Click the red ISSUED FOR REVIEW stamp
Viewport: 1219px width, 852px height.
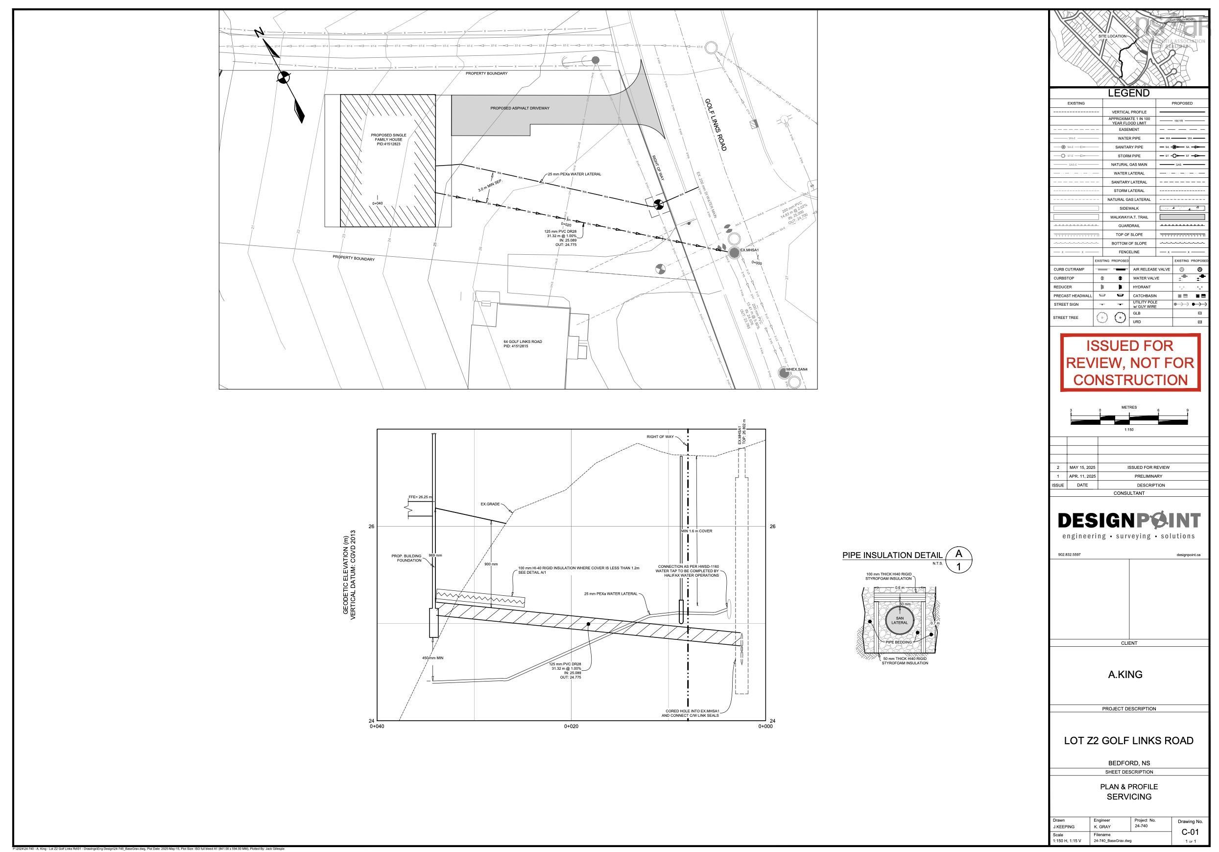(1130, 363)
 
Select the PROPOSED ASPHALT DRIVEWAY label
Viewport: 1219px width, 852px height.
(519, 108)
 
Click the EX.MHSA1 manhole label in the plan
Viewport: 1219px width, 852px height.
(750, 250)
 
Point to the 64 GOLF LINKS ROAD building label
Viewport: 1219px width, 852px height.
(523, 343)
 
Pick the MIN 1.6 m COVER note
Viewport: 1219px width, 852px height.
(696, 531)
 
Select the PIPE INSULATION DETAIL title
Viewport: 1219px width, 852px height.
(892, 556)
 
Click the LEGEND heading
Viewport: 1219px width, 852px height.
(1128, 93)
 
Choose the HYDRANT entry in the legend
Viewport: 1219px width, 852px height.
(1141, 287)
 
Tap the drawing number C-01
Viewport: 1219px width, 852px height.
(1190, 832)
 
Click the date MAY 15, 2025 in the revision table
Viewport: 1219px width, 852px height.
(1082, 467)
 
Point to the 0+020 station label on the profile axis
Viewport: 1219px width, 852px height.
(571, 726)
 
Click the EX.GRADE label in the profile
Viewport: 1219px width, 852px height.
(490, 504)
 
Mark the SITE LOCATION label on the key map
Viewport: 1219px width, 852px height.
(1112, 36)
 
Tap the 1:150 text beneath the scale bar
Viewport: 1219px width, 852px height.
(1129, 430)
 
